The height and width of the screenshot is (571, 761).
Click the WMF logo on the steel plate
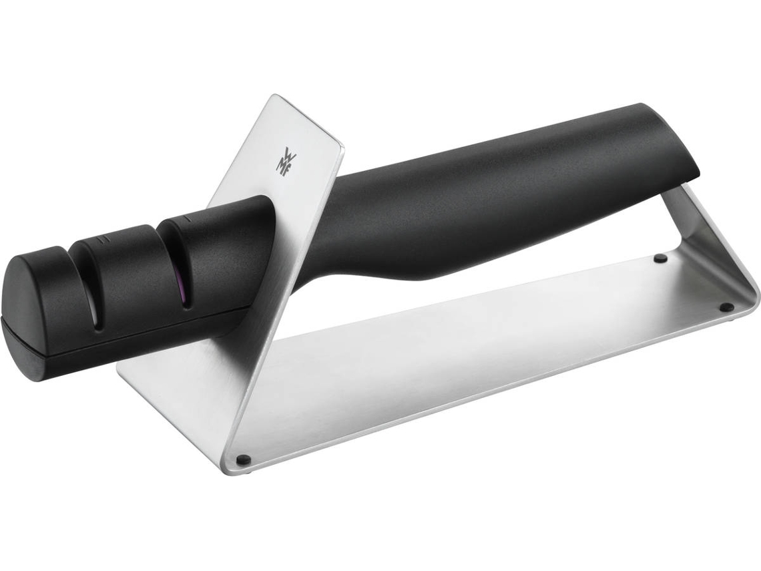tap(282, 159)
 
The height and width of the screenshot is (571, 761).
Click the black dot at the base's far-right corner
tap(726, 307)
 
